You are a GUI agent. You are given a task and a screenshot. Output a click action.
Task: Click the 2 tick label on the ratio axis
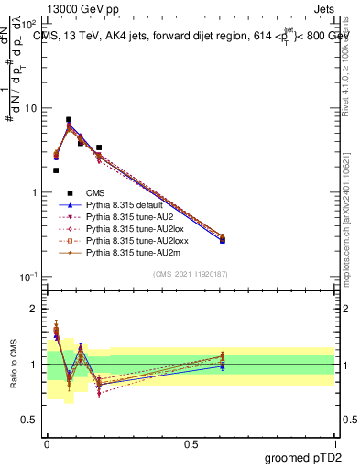point(33,309)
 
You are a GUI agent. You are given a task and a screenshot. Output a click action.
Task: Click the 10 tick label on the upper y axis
point(29,108)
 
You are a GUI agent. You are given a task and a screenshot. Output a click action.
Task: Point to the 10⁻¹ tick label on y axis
point(27,277)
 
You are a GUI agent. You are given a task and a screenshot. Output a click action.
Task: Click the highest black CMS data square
point(69,120)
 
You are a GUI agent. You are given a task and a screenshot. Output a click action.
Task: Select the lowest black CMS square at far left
point(56,170)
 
